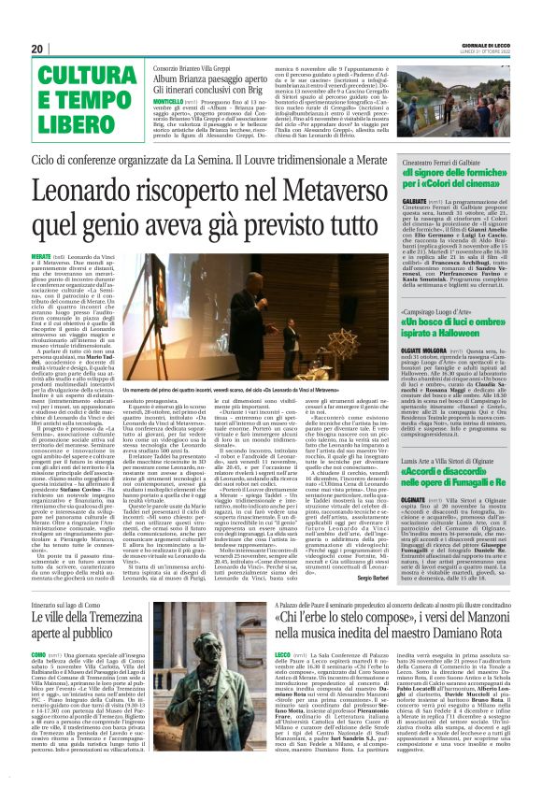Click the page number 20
tap(37, 49)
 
